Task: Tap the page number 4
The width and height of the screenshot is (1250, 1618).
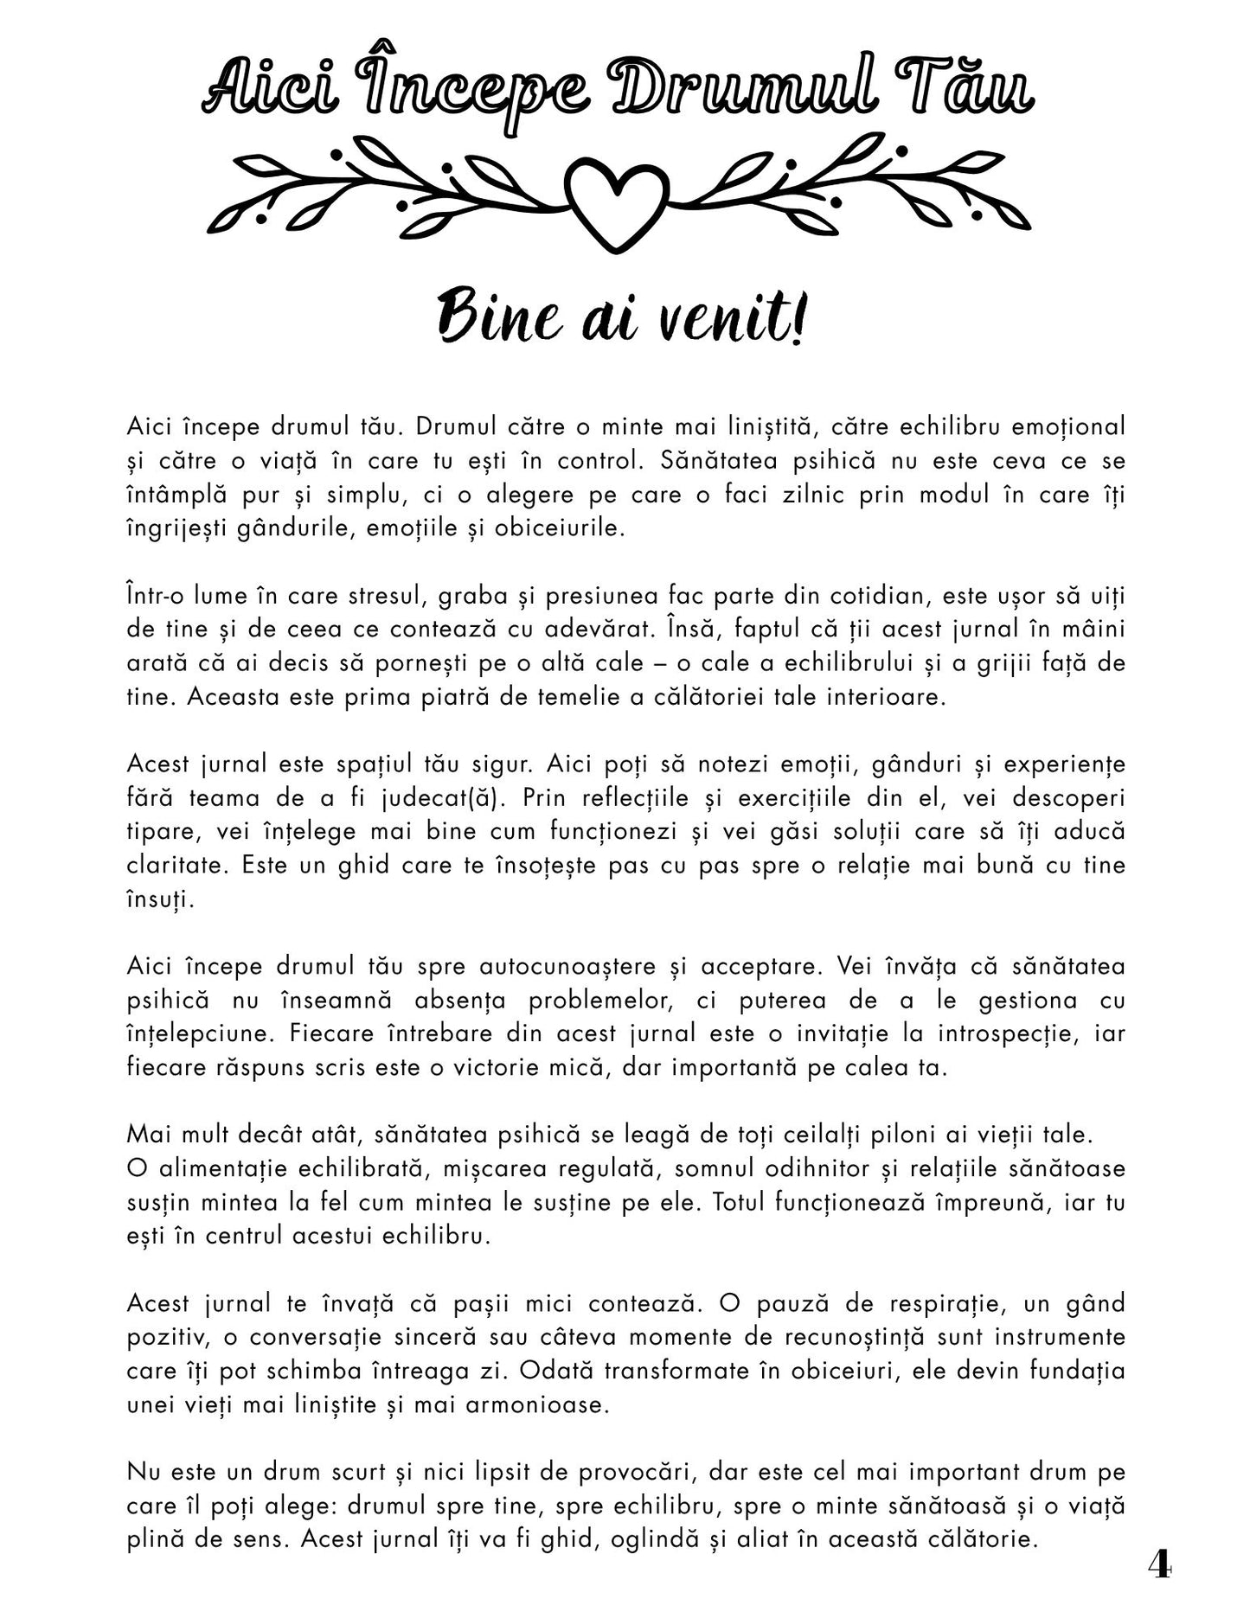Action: (x=1159, y=1564)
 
